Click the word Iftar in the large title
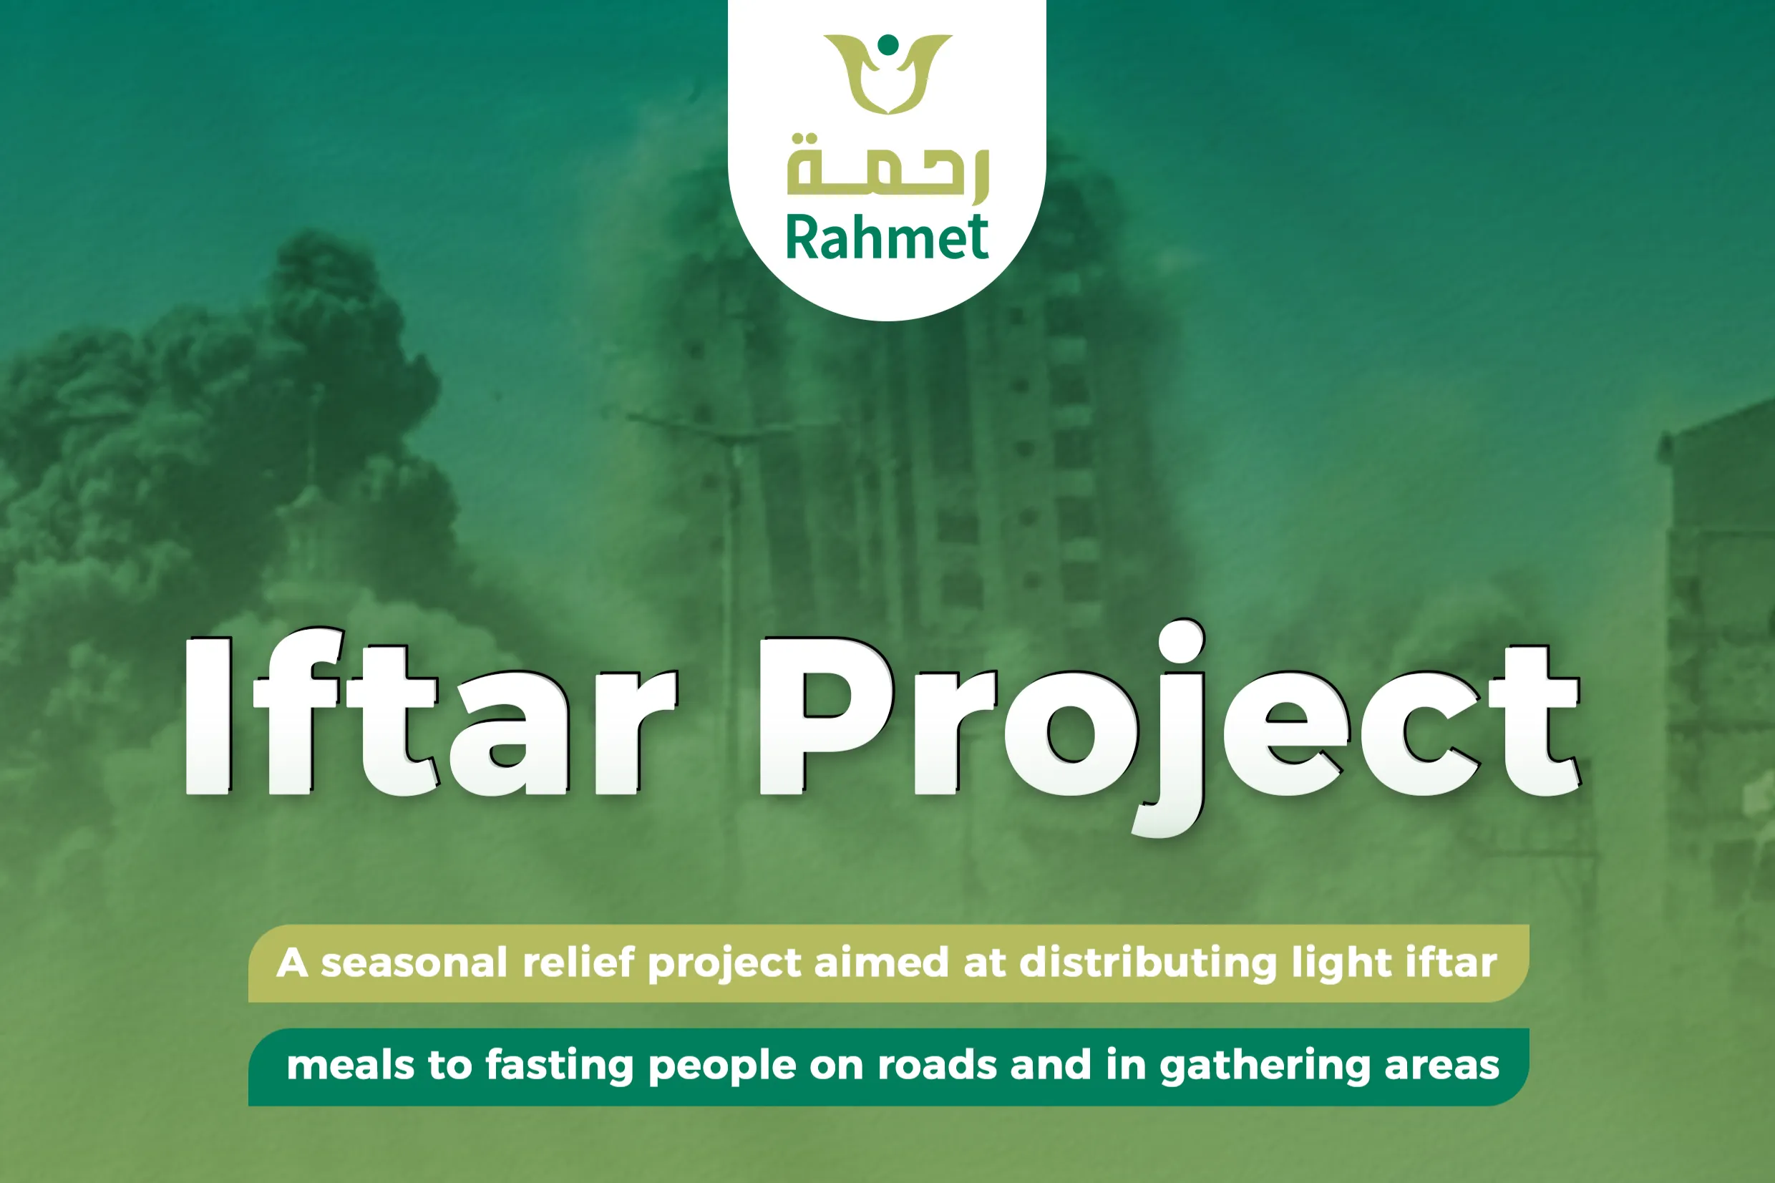point(430,716)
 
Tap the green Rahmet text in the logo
point(887,237)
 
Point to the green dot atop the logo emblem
point(889,44)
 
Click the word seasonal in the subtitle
point(414,963)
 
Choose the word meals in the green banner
point(351,1066)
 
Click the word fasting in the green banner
point(559,1067)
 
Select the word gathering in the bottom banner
point(1264,1067)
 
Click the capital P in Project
point(826,716)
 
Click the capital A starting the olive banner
point(292,963)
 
